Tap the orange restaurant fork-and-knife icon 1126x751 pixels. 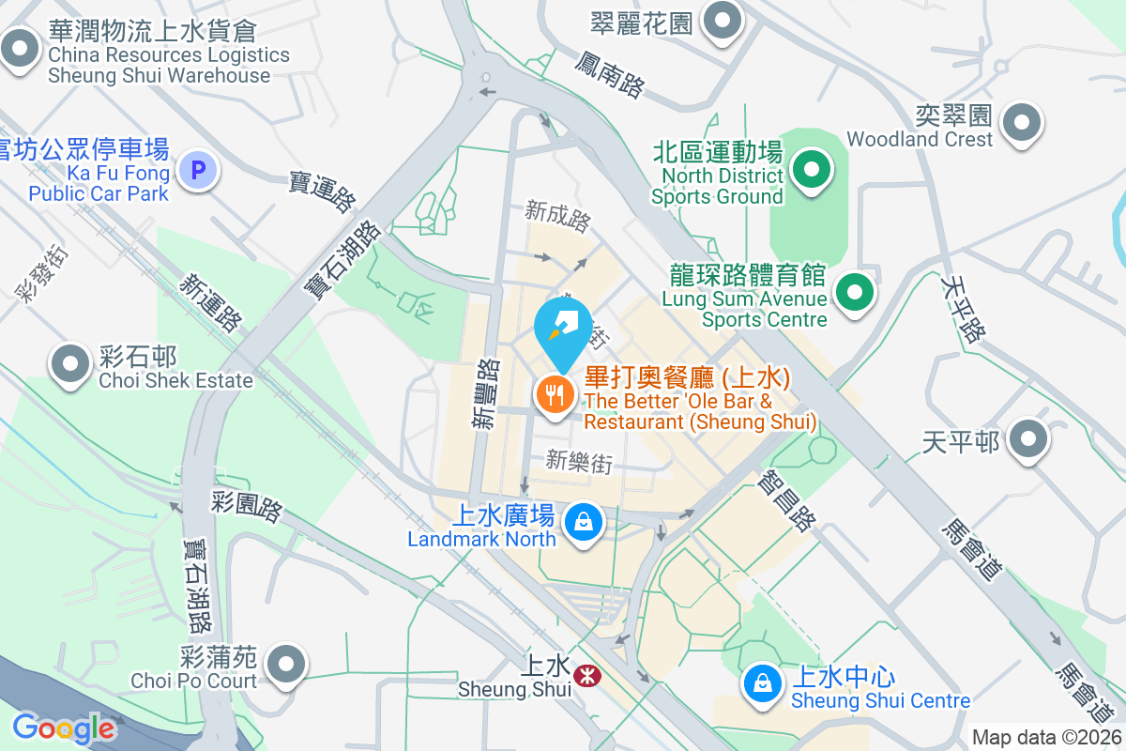click(x=555, y=394)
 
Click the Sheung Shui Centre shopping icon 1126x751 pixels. click(x=764, y=683)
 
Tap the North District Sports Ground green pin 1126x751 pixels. click(x=810, y=171)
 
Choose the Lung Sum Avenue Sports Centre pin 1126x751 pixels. click(x=854, y=292)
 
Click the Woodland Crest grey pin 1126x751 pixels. click(x=1021, y=123)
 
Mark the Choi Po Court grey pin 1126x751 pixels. click(x=285, y=665)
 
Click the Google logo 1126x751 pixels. click(x=64, y=728)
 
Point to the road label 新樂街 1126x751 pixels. click(x=579, y=461)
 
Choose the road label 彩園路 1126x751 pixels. click(x=247, y=506)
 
